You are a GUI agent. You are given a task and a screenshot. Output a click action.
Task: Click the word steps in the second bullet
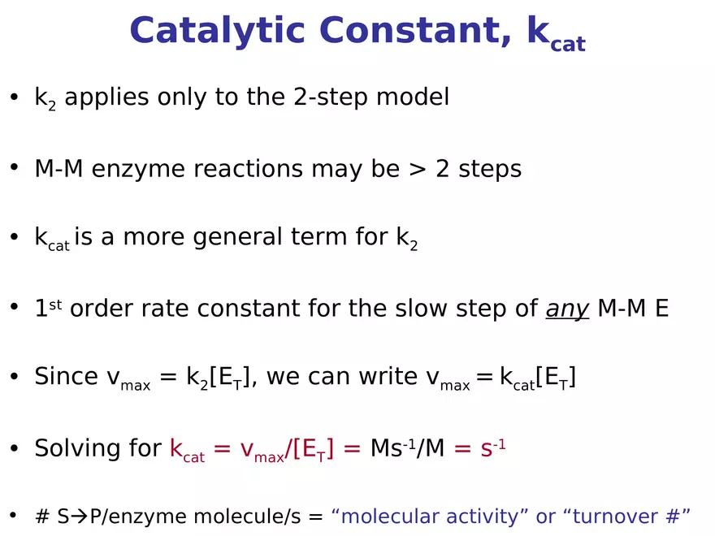[x=490, y=170]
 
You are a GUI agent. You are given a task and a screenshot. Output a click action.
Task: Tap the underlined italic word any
[x=566, y=309]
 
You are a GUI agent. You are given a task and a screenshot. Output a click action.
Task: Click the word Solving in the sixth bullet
[x=75, y=448]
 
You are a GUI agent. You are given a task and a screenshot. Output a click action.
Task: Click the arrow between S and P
[x=80, y=517]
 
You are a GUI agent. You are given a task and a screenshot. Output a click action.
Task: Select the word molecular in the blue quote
[x=385, y=517]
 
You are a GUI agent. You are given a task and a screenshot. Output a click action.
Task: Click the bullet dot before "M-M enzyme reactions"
[x=14, y=167]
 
